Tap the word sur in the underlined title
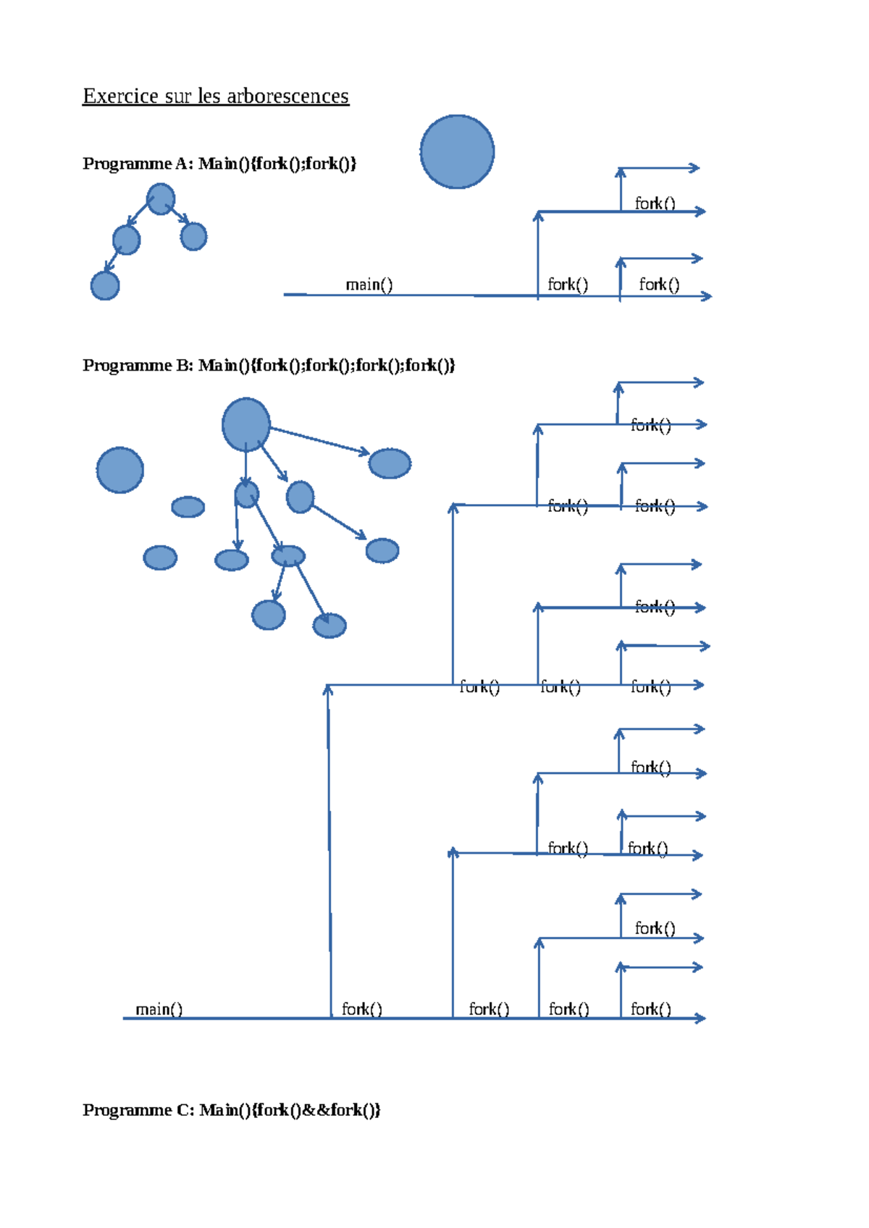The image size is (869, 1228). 178,96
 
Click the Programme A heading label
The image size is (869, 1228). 138,164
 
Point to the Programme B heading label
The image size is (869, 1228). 138,365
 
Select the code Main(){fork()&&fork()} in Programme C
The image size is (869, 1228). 290,1110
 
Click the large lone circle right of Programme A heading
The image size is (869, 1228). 457,152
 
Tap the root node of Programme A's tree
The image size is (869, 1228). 160,199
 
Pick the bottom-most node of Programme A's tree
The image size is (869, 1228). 105,285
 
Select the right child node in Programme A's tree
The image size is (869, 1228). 193,236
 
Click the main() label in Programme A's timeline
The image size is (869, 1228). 369,285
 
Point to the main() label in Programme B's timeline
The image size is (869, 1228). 159,1009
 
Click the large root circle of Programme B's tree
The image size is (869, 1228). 246,425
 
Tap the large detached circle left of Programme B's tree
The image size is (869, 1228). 120,470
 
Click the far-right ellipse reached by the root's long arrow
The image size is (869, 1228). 390,463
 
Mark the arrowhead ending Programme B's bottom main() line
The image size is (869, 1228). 700,1019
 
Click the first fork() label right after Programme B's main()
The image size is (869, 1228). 361,1009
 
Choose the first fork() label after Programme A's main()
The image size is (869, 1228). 568,285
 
